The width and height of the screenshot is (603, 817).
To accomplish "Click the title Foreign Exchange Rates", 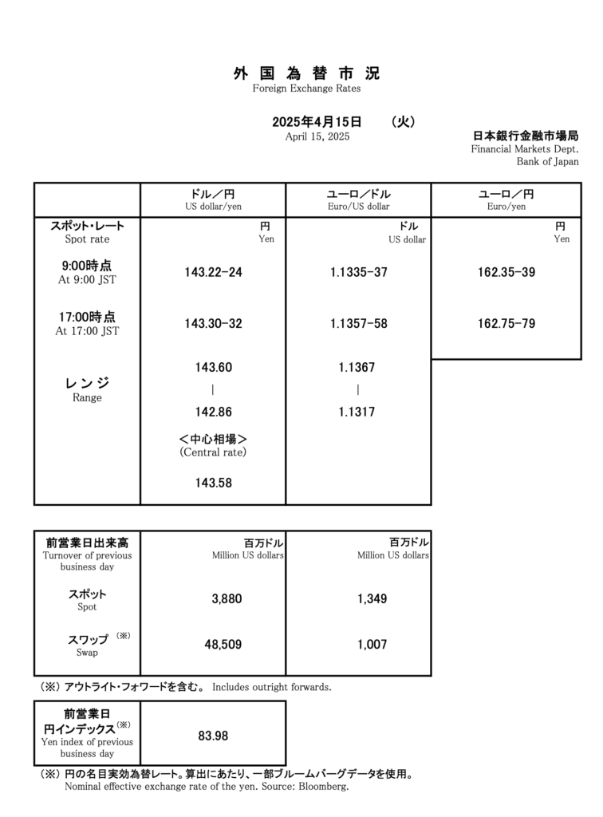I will [306, 89].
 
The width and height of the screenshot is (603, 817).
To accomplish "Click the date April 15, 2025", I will [317, 136].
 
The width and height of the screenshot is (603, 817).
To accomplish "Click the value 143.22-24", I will [213, 272].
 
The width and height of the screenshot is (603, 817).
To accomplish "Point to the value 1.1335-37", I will [358, 272].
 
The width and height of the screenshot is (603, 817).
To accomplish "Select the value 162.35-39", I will [506, 272].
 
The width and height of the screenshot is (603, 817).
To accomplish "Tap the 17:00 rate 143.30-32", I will [213, 323].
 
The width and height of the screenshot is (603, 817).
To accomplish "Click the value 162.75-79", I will [506, 323].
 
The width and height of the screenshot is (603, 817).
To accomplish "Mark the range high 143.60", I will [213, 368].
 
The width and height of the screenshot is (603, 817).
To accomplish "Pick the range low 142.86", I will [213, 412].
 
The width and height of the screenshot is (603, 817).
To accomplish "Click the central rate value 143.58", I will [213, 483].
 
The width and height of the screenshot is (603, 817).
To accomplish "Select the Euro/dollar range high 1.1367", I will [358, 368].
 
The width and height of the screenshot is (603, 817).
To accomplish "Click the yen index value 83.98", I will [213, 735].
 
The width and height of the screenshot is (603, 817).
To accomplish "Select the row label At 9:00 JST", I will [87, 280].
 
